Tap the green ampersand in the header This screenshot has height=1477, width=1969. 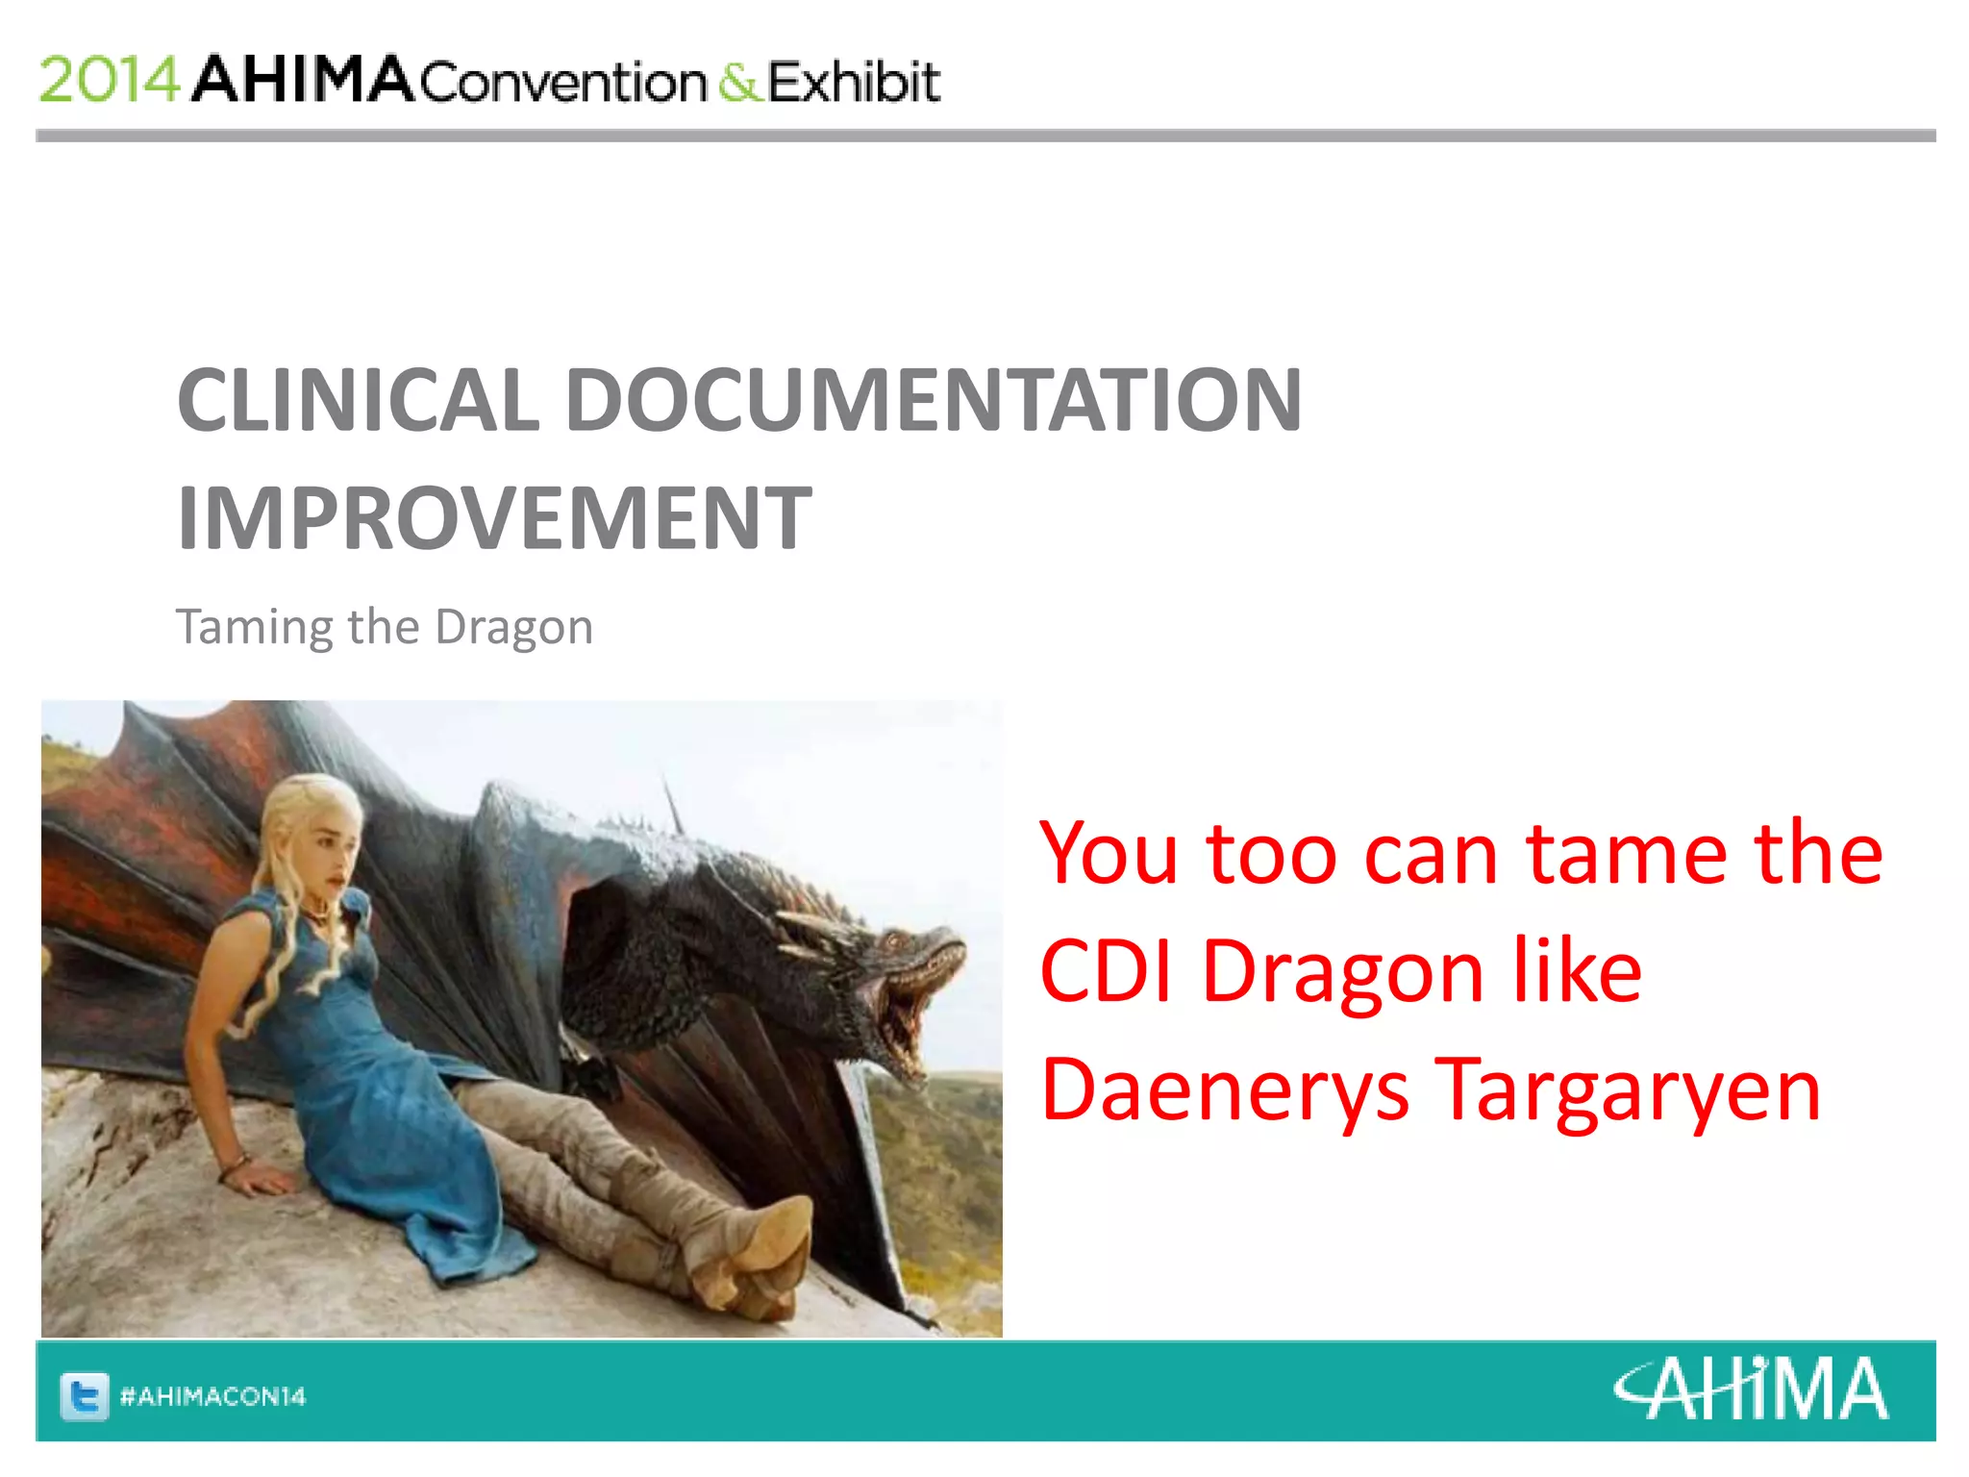(738, 82)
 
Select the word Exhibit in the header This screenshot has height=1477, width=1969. (854, 82)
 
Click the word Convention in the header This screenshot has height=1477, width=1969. (563, 83)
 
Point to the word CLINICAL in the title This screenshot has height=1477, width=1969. (358, 400)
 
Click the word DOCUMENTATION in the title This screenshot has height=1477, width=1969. (933, 400)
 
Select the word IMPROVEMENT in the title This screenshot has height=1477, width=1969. (494, 519)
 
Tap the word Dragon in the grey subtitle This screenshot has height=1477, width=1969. (513, 628)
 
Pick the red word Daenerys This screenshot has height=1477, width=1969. (1224, 1089)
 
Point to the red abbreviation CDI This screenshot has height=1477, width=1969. (1106, 971)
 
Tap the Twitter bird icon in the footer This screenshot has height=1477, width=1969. (84, 1395)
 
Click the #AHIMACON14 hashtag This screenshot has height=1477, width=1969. (212, 1396)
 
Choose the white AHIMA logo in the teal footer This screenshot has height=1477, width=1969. (1751, 1389)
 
